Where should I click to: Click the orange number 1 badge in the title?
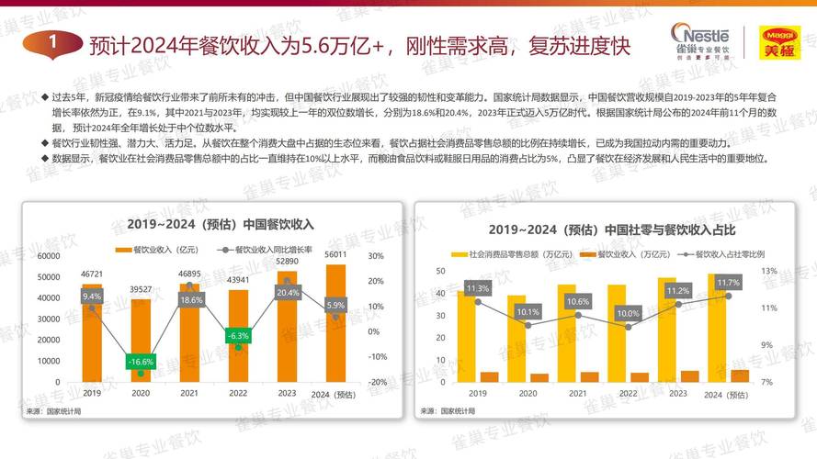point(54,42)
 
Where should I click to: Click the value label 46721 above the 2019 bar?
point(92,274)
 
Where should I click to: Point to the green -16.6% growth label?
point(141,362)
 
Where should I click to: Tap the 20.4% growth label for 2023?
point(288,292)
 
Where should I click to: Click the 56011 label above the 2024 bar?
point(335,254)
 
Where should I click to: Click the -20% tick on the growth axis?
point(376,382)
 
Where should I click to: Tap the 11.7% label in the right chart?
point(728,283)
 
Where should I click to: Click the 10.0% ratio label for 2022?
point(629,313)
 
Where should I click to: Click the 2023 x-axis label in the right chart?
point(677,393)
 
